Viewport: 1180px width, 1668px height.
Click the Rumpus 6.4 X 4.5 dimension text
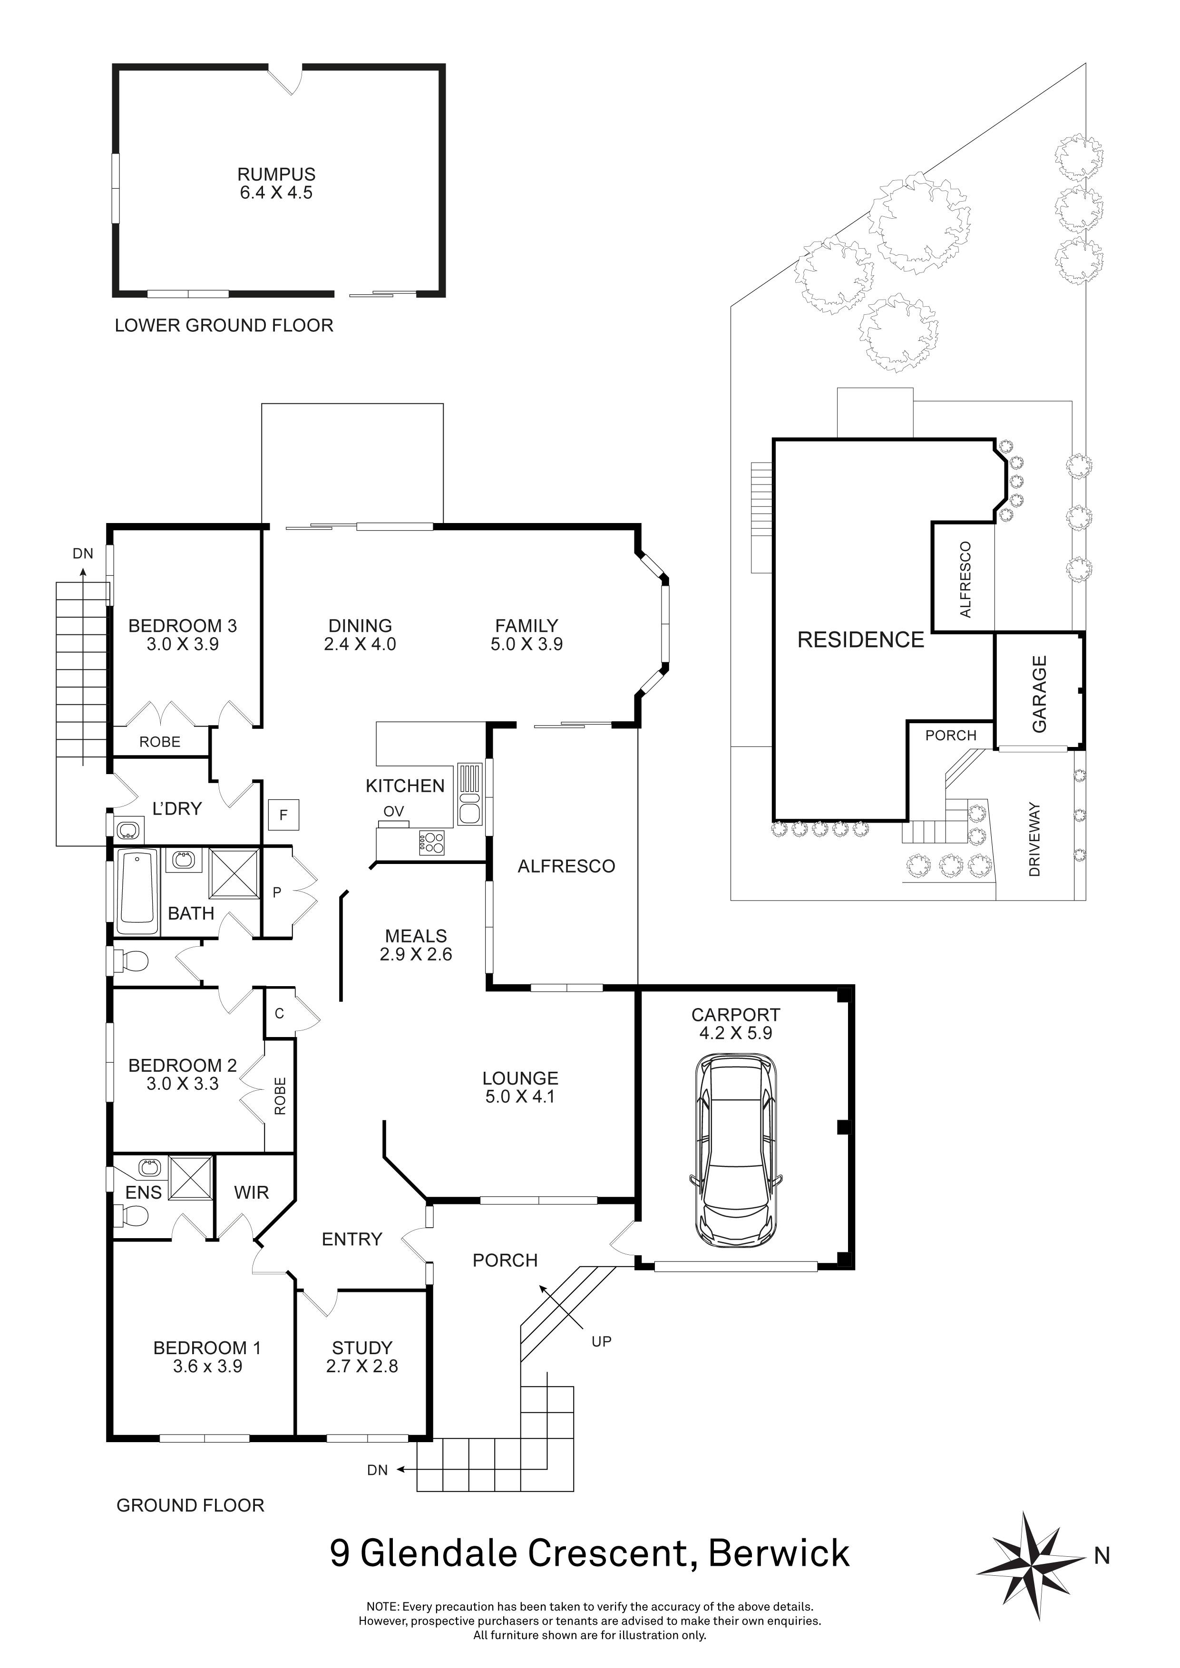pyautogui.click(x=276, y=193)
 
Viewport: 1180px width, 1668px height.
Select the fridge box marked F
pyautogui.click(x=283, y=815)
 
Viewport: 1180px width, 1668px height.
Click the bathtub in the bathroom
pyautogui.click(x=137, y=893)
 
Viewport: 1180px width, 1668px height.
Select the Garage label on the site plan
pyautogui.click(x=1039, y=694)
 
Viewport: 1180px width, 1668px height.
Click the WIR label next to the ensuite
pyautogui.click(x=252, y=1192)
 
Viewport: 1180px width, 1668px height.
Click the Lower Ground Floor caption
pyautogui.click(x=224, y=325)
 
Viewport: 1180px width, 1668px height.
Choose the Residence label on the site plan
pyautogui.click(x=860, y=640)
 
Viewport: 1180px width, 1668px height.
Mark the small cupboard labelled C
pyautogui.click(x=279, y=1013)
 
